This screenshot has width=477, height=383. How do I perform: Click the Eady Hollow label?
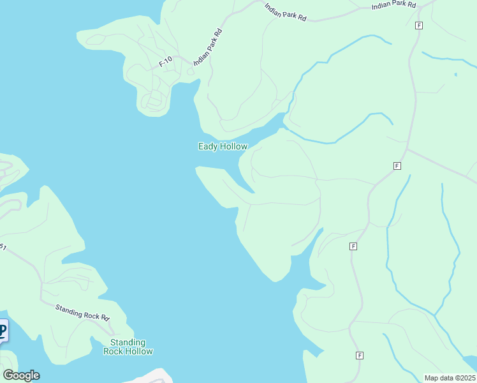click(x=223, y=147)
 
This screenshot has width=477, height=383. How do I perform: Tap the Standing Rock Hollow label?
click(x=128, y=347)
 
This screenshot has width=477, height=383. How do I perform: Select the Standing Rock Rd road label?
click(x=82, y=313)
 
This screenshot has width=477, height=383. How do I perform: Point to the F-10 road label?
click(x=165, y=62)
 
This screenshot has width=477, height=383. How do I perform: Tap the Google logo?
click(x=21, y=375)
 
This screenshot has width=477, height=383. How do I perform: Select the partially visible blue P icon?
click(x=3, y=331)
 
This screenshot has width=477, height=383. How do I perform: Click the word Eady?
click(x=208, y=147)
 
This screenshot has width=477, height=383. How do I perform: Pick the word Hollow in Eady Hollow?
click(x=233, y=147)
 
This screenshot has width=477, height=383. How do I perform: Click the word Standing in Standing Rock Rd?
click(x=68, y=310)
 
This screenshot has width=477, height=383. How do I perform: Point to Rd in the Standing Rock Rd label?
click(x=105, y=317)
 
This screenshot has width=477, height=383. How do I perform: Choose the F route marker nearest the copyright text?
click(x=360, y=355)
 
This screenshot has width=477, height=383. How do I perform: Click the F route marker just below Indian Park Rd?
click(x=418, y=26)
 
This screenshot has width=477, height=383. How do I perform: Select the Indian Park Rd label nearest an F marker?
click(x=393, y=6)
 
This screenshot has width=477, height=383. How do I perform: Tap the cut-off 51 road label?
click(x=3, y=247)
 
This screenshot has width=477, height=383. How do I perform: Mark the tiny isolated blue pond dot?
click(x=455, y=75)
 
